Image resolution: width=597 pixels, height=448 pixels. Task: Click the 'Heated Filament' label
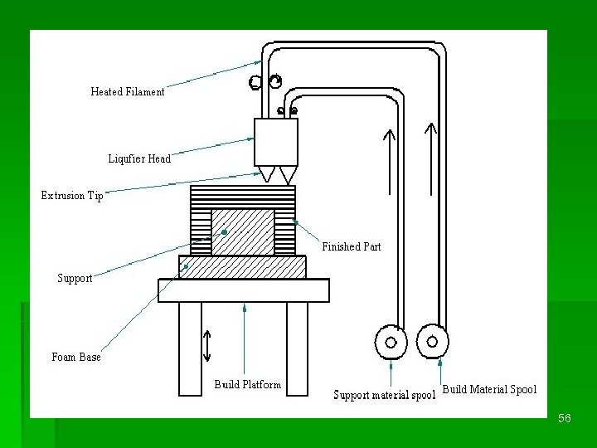128,92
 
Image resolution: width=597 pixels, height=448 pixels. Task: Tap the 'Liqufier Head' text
139,158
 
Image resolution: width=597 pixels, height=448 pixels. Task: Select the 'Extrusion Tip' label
73,196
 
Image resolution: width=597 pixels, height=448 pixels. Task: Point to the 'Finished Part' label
352,246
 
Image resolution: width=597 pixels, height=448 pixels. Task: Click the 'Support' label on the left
75,279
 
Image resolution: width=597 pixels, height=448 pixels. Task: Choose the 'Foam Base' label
76,357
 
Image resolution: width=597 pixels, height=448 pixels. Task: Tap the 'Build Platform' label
247,384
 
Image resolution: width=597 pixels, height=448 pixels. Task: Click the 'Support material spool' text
384,395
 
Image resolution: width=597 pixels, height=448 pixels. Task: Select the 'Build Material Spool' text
489,389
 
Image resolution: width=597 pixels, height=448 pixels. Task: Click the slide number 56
565,419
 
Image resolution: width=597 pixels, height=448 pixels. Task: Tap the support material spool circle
391,341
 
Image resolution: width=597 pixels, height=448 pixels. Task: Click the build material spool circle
432,340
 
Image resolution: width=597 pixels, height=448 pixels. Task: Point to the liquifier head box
275,142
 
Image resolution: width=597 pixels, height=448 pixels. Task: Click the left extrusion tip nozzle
267,175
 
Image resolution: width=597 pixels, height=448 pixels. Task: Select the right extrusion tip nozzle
288,175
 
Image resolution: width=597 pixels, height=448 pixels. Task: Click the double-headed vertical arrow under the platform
207,345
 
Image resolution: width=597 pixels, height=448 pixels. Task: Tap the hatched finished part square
243,231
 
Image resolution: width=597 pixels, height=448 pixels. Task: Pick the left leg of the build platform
190,348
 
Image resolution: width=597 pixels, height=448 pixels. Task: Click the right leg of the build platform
297,348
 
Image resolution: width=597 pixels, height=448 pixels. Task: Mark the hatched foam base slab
242,266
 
